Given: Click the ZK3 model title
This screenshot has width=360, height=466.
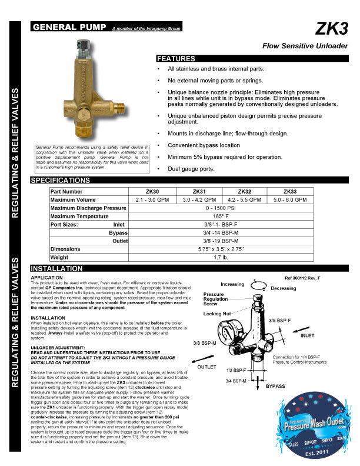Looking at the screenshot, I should coord(332,29).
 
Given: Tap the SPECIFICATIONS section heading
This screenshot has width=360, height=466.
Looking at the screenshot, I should coord(61,179).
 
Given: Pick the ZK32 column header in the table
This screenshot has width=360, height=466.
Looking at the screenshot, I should coord(244,192).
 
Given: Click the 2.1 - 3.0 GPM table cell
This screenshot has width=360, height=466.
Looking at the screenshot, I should coord(154,200).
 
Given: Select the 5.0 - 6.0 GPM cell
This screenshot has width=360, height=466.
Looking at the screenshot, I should coord(290,200).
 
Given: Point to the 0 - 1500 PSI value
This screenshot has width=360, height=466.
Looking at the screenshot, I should coord(222,208).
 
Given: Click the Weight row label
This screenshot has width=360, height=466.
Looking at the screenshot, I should coord(59,257).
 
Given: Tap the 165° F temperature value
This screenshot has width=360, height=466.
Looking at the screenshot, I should coord(222,217).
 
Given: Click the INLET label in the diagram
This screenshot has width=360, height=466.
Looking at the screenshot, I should coord(308,336).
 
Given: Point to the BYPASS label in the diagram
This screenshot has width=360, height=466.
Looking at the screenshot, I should coord(275,387).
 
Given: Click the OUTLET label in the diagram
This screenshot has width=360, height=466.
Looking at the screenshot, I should coord(207,366).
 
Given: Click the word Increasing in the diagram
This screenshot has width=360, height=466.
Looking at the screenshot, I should coord(232,285).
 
